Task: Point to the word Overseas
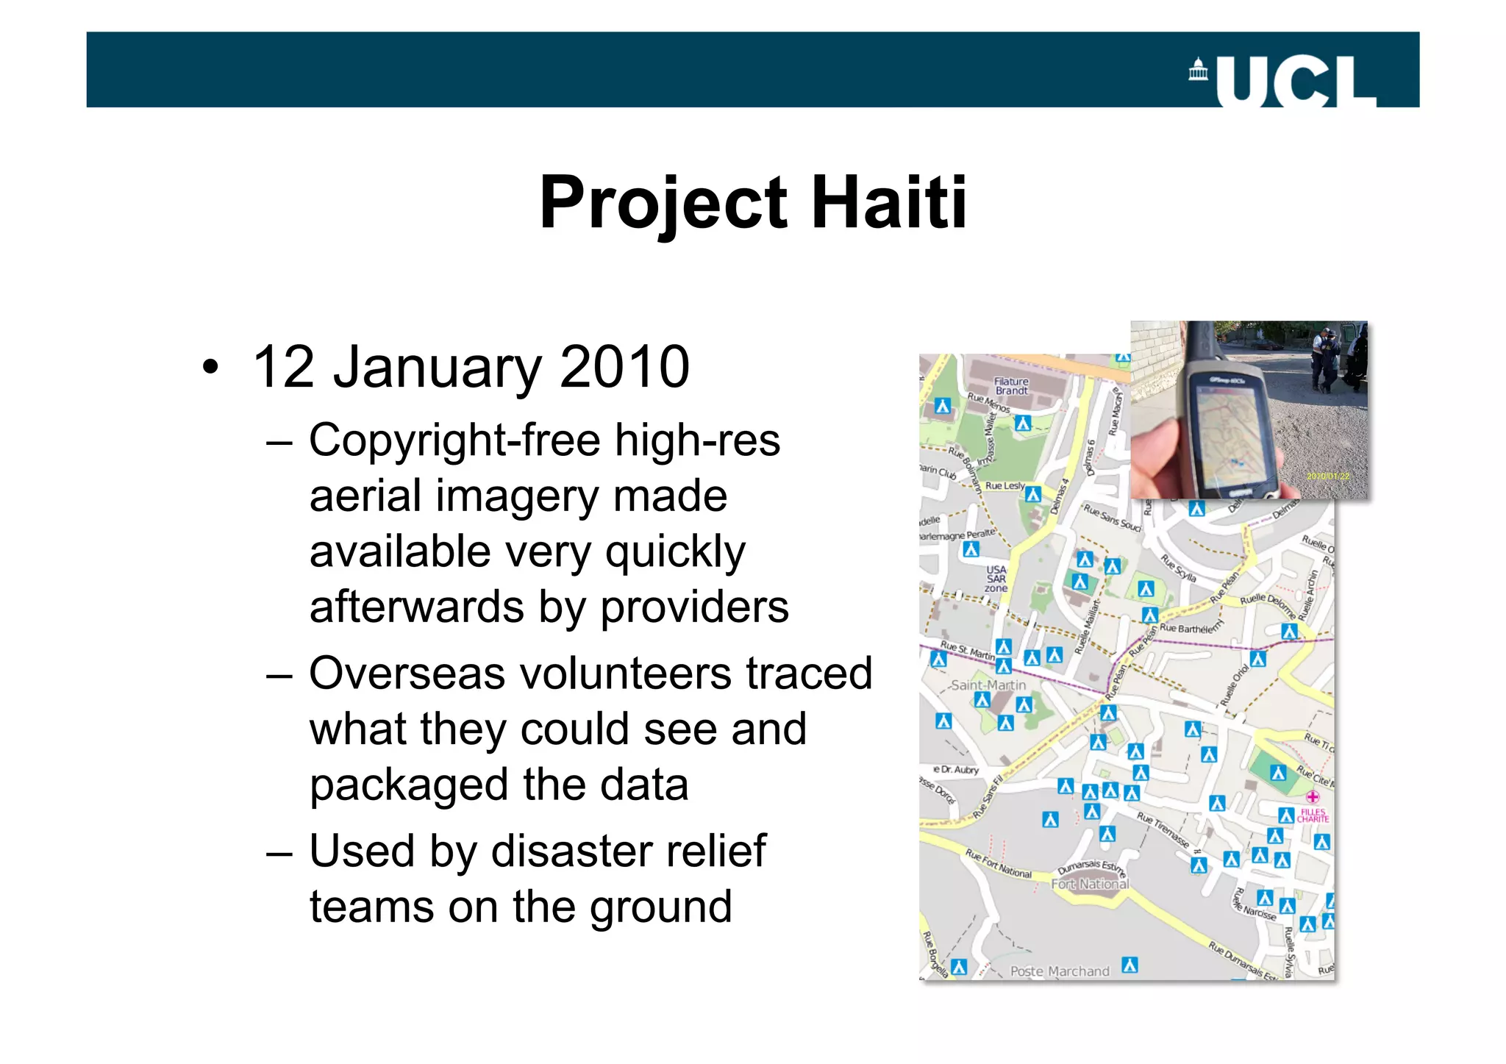pyautogui.click(x=407, y=673)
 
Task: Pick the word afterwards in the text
pyautogui.click(x=416, y=607)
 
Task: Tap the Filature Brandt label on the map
pyautogui.click(x=1011, y=386)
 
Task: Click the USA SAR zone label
pyautogui.click(x=996, y=579)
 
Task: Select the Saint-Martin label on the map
pyautogui.click(x=988, y=685)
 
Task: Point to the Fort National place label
pyautogui.click(x=1089, y=884)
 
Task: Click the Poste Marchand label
pyautogui.click(x=1059, y=971)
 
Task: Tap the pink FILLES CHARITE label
pyautogui.click(x=1313, y=815)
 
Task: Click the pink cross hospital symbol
pyautogui.click(x=1313, y=796)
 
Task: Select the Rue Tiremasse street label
pyautogui.click(x=1163, y=829)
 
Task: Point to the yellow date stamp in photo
pyautogui.click(x=1327, y=476)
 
